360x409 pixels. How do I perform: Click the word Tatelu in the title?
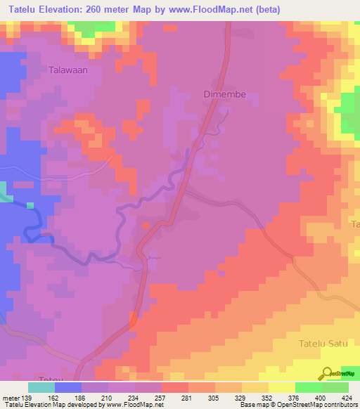(x=21, y=9)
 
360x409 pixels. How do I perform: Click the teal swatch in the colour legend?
(x=41, y=387)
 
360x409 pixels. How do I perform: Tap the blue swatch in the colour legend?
(x=68, y=387)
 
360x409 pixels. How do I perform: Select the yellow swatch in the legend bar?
(x=282, y=387)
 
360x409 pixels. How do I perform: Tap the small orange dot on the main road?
(x=146, y=226)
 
